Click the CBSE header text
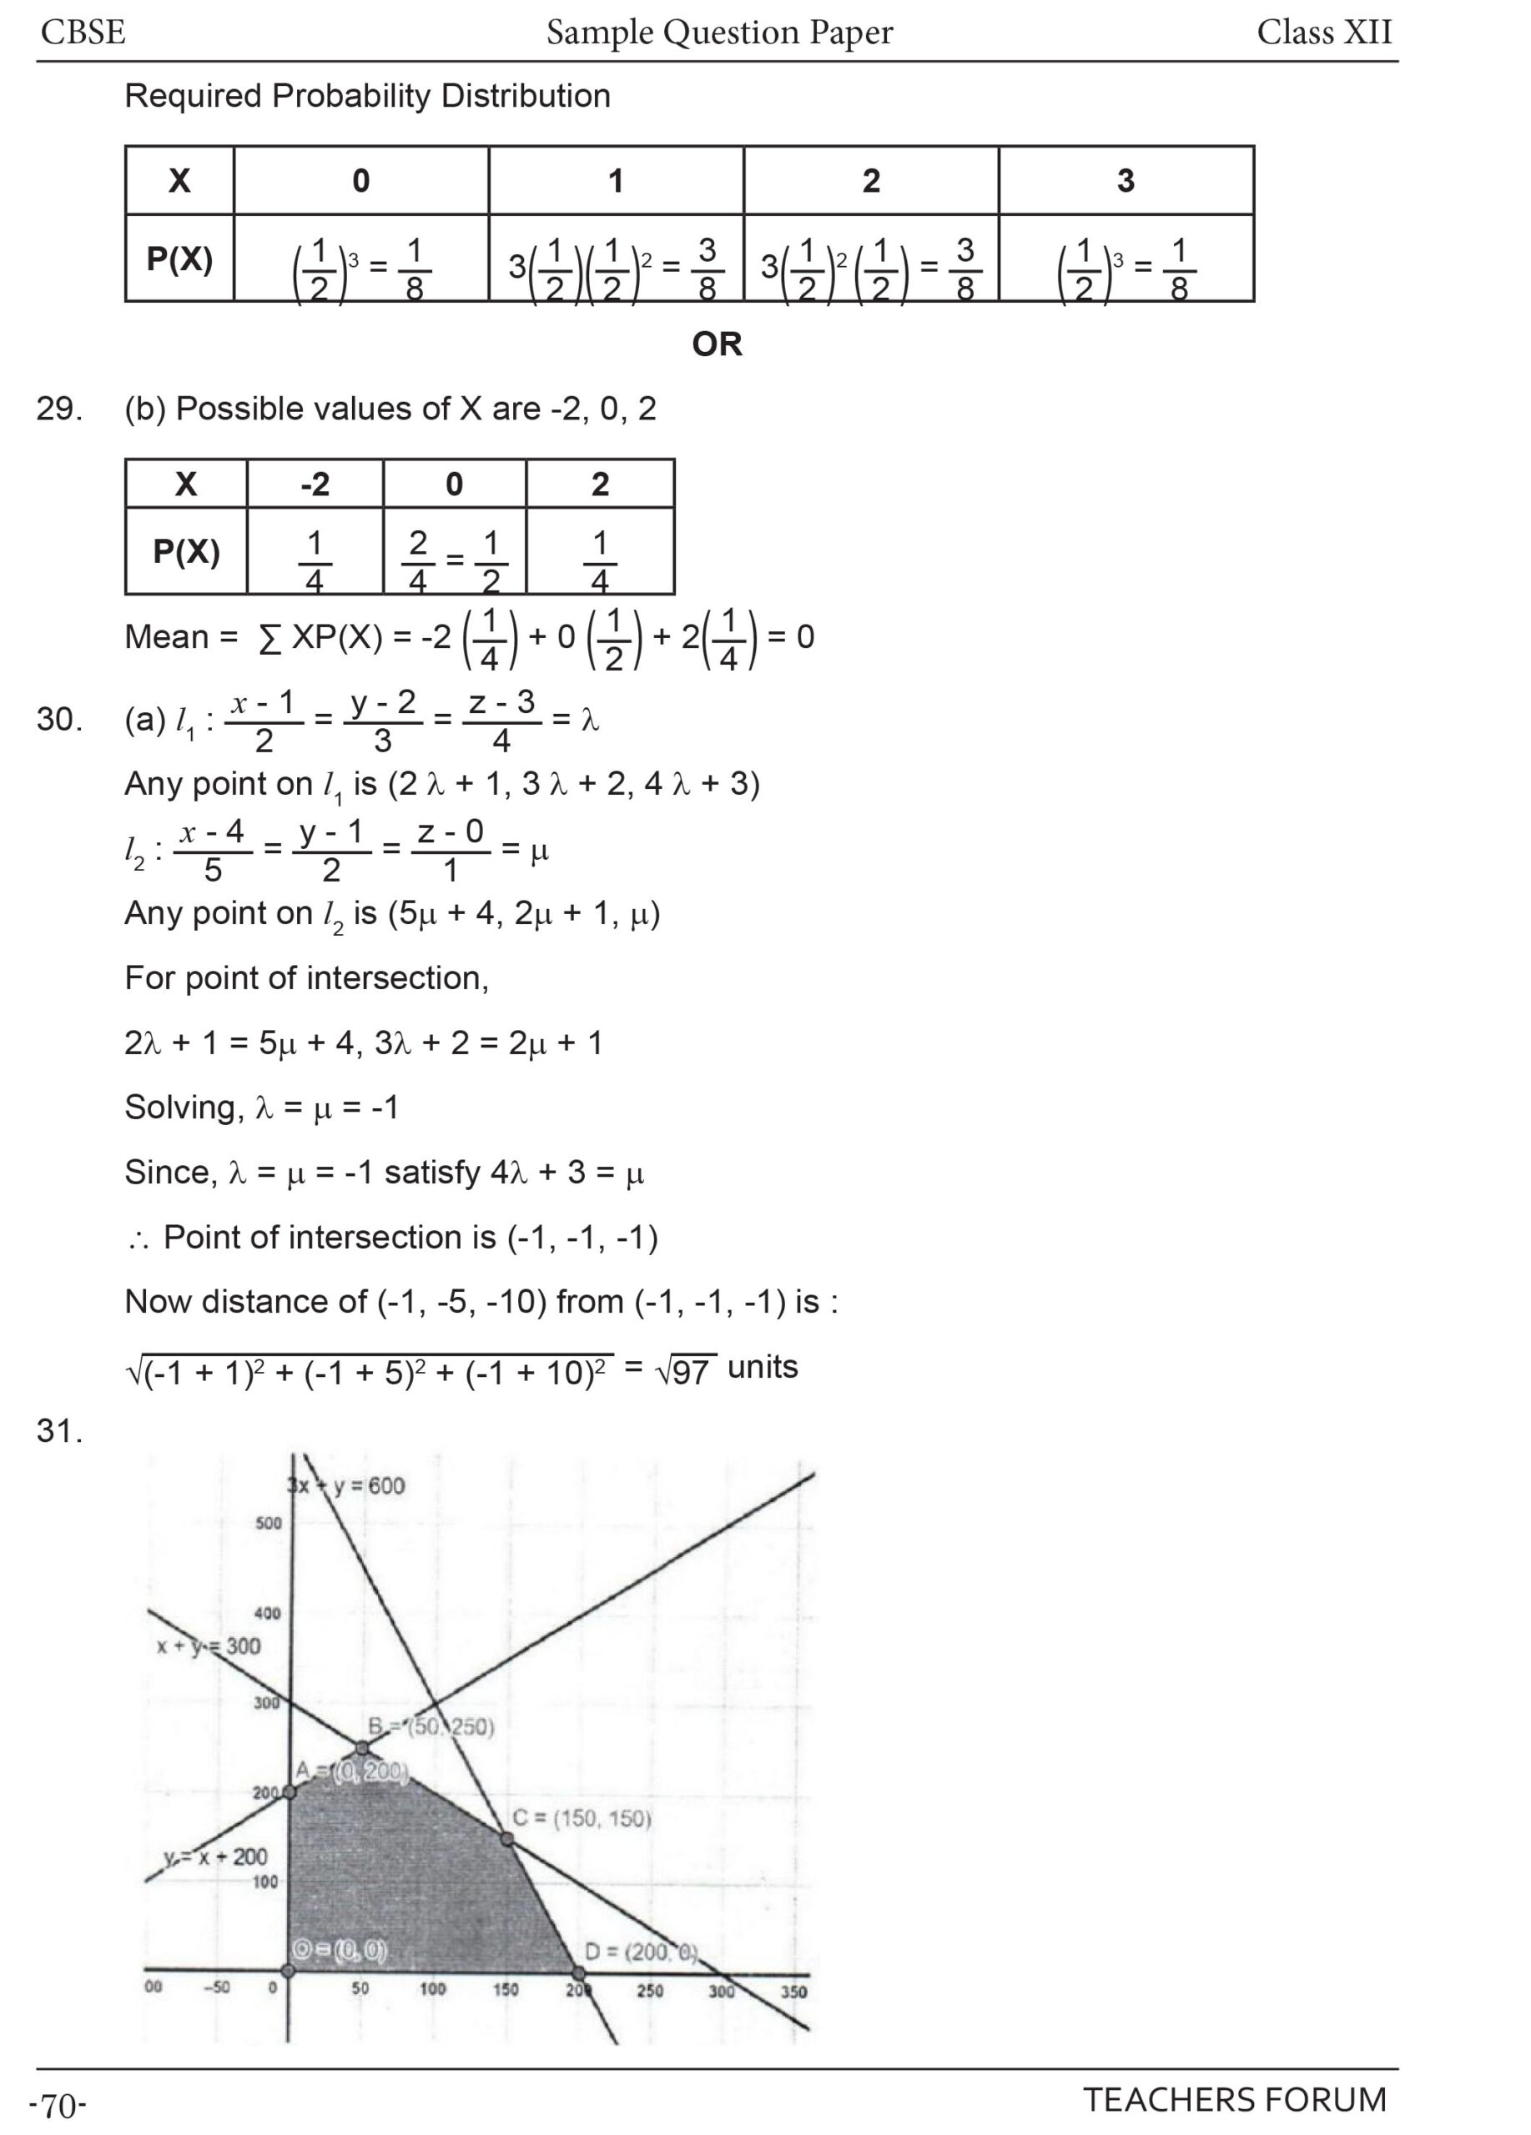(83, 33)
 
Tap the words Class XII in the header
(1323, 33)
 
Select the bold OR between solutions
(717, 344)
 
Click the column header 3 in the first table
(1126, 181)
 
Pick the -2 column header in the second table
(315, 485)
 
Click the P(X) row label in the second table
(186, 551)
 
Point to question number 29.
(59, 409)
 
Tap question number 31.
(59, 1432)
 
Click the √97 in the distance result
(686, 1370)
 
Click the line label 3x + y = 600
(346, 1486)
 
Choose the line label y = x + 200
(215, 1857)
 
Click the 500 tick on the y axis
(269, 1523)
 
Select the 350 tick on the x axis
(793, 1990)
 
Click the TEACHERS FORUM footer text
(1235, 2099)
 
